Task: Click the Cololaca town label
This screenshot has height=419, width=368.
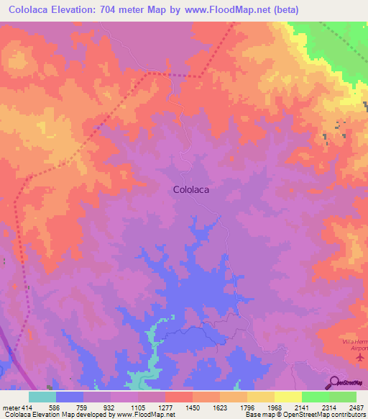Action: click(x=196, y=190)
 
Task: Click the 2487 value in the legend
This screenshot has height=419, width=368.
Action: click(x=355, y=407)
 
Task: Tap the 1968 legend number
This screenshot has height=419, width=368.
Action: click(x=273, y=407)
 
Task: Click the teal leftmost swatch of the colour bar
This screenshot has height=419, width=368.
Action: click(x=42, y=397)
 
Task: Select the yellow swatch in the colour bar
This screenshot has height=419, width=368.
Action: click(x=287, y=397)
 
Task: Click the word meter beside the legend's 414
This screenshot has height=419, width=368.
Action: click(x=9, y=407)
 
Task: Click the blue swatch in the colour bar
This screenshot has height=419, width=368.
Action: click(x=69, y=397)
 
